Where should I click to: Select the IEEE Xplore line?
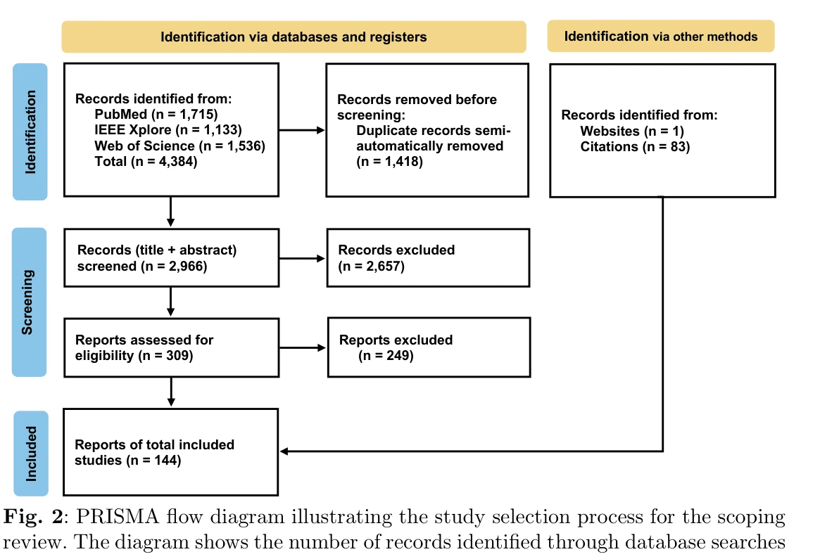pos(168,130)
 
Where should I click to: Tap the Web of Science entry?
pos(179,146)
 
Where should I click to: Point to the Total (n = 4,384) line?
pos(146,162)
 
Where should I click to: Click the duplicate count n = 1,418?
pos(389,162)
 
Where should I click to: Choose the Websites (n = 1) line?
pos(632,131)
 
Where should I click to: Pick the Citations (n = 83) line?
pos(635,146)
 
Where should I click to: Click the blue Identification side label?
pos(30,131)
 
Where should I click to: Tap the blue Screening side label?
pos(29,302)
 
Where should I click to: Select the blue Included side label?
pos(31,454)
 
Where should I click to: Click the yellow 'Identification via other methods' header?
pos(661,37)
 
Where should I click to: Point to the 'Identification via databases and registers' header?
pos(294,37)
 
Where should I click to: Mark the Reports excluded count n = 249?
pos(386,355)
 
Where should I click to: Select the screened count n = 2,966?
pos(174,266)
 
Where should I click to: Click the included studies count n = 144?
pos(154,460)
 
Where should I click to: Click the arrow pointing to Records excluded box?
pos(302,259)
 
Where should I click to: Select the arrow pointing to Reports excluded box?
pos(303,348)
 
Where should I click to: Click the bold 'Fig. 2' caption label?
pos(33,517)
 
